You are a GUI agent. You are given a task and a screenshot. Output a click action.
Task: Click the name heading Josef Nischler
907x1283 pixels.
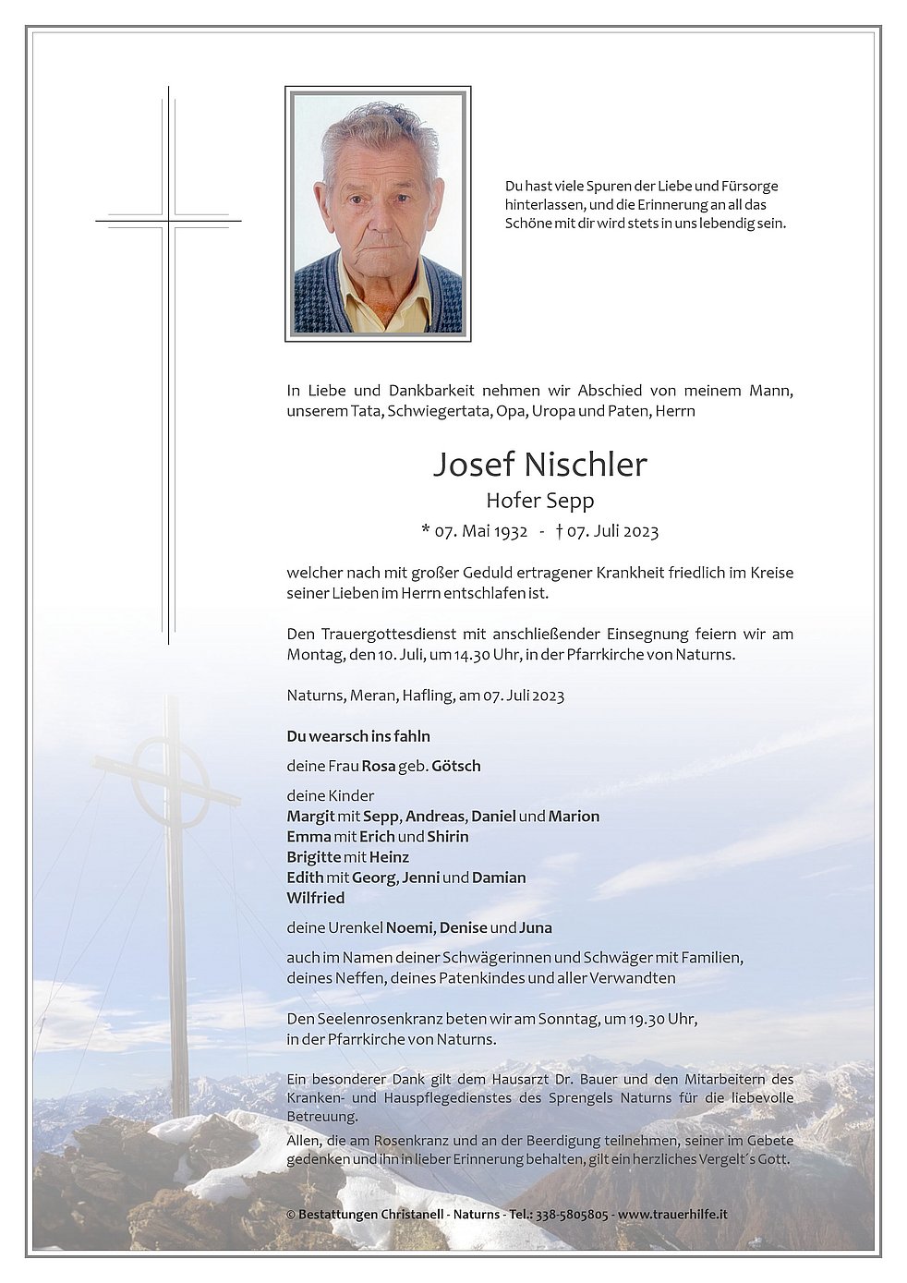pos(540,464)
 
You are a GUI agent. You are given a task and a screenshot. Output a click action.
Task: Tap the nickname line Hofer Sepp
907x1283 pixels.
pos(540,501)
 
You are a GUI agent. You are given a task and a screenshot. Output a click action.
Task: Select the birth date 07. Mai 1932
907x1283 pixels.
pos(480,531)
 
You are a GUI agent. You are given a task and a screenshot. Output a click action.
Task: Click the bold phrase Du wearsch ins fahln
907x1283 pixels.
pos(358,736)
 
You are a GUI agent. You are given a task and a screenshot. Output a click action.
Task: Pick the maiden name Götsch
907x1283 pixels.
pos(456,766)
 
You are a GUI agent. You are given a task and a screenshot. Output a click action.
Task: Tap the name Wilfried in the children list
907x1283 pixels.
pos(316,898)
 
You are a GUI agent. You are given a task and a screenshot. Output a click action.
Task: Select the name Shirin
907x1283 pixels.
pos(448,837)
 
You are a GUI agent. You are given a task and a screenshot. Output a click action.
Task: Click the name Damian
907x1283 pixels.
pos(499,878)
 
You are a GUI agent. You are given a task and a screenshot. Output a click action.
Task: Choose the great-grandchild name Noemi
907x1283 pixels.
pos(409,927)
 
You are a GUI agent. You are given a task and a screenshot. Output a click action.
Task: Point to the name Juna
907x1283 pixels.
pos(536,927)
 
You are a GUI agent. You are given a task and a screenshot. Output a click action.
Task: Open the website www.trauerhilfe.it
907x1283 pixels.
pos(672,1215)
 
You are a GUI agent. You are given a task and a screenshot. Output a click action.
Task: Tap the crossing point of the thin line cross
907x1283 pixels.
pos(169,222)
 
